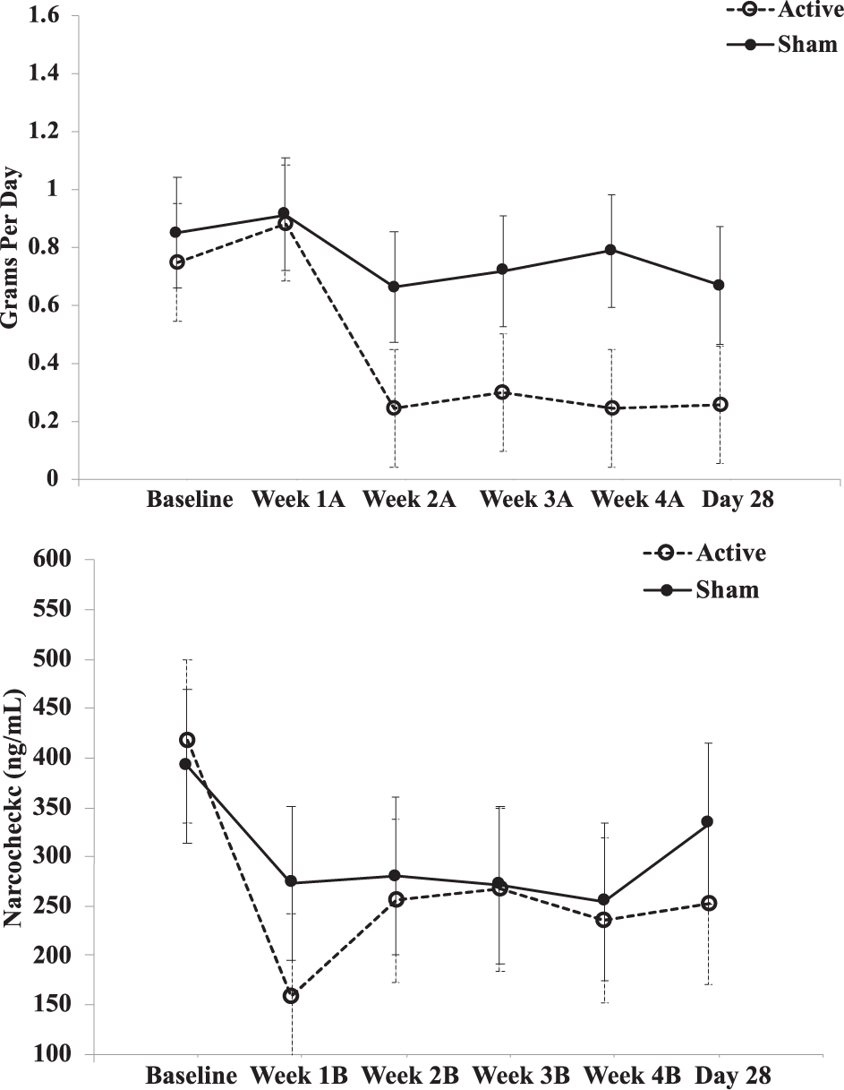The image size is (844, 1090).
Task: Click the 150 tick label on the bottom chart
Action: point(54,1005)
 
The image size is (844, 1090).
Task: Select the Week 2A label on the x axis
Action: point(409,500)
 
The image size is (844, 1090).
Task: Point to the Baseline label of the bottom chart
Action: point(192,1075)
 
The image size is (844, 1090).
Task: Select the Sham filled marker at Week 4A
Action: point(610,250)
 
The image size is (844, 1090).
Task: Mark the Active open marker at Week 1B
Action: point(291,996)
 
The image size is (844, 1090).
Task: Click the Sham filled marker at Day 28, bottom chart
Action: point(707,821)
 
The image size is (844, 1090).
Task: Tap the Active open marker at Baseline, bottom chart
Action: point(187,740)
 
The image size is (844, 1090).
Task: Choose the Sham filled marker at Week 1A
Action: point(284,213)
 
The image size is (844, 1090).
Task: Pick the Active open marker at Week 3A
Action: point(502,392)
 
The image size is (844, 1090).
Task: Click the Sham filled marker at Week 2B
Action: point(395,875)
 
